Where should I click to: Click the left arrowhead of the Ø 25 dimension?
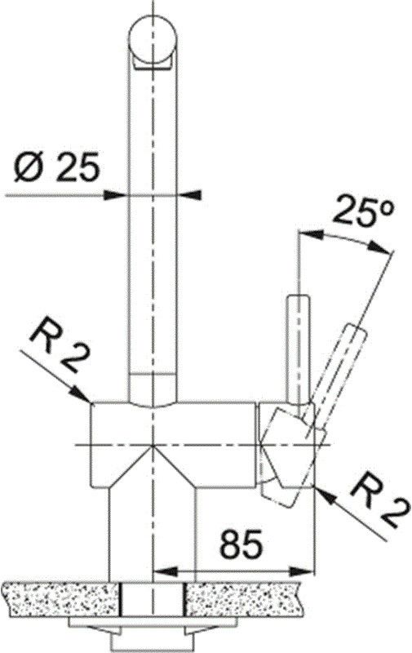pyautogui.click(x=118, y=194)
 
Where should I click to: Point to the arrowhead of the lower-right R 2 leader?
pyautogui.click(x=321, y=491)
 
